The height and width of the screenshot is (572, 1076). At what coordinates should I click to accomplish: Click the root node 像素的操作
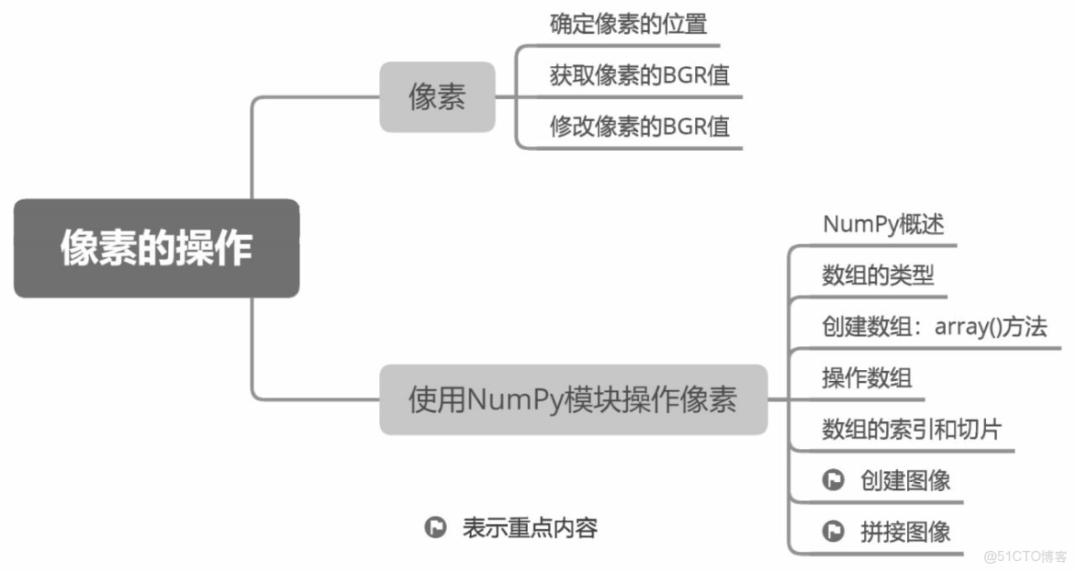point(156,248)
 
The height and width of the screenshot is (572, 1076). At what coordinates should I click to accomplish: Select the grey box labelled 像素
point(437,97)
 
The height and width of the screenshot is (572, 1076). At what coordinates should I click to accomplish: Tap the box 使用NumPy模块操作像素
point(573,400)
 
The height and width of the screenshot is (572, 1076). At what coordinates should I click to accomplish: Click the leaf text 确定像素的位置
point(628,25)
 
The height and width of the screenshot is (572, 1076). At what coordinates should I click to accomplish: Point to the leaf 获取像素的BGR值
point(639,75)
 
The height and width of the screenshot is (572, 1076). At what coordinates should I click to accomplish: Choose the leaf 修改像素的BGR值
point(639,126)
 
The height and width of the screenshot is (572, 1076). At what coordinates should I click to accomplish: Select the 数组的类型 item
point(878,275)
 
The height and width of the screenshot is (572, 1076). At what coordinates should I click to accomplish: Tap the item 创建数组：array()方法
point(934,326)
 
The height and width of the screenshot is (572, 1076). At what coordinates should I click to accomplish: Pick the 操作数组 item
point(867,377)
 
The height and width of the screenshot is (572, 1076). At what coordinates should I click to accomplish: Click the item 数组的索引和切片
point(912,429)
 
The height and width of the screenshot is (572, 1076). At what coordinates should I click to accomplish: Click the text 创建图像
point(905,480)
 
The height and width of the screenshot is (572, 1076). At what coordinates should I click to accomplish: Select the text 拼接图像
point(905,532)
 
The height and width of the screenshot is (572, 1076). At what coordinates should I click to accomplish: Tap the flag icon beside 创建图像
point(832,480)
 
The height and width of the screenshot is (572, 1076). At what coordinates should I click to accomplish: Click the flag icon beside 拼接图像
point(832,532)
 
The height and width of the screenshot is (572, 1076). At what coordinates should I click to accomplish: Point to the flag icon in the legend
point(435,527)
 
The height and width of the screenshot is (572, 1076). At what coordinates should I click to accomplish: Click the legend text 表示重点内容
point(530,527)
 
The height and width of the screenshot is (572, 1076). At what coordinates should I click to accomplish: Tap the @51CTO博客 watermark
point(1026,557)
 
